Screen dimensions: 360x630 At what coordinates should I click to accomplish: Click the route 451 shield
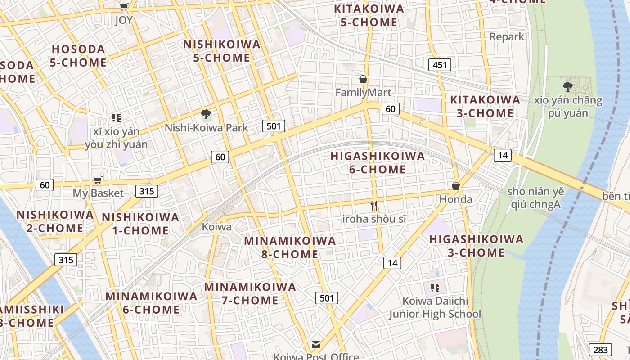439,65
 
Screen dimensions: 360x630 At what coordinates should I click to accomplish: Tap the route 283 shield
600,349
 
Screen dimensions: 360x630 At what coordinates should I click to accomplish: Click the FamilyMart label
364,92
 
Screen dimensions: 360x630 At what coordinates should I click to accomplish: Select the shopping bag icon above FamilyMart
363,80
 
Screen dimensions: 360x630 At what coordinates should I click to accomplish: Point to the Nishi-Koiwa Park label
206,128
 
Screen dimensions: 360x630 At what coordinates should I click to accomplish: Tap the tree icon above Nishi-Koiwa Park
206,114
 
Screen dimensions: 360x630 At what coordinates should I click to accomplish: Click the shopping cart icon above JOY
124,7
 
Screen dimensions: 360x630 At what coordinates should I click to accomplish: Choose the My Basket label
98,193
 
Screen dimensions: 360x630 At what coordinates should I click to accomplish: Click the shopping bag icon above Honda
456,185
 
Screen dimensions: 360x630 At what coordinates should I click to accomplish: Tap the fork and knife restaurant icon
373,206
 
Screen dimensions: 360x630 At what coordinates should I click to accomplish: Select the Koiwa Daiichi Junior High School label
435,307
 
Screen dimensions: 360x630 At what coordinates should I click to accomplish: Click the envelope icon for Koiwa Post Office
316,345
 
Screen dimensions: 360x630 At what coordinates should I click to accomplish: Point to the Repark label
507,37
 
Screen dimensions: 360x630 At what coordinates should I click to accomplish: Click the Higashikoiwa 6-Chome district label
378,163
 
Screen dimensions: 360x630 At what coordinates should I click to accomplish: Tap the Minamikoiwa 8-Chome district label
290,247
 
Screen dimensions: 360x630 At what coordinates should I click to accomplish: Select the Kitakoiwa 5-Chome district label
369,15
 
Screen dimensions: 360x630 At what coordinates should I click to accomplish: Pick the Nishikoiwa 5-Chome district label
222,51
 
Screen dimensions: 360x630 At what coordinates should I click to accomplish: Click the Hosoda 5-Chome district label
78,56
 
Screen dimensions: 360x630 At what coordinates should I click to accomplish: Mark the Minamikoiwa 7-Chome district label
250,293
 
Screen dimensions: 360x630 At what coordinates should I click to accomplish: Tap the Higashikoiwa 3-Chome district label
476,246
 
